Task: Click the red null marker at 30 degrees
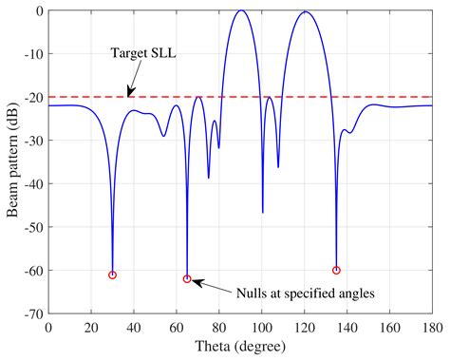(113, 275)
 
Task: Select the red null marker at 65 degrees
(187, 279)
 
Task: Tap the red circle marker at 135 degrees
(336, 271)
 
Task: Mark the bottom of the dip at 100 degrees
(263, 211)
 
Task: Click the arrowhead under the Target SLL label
(128, 93)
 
